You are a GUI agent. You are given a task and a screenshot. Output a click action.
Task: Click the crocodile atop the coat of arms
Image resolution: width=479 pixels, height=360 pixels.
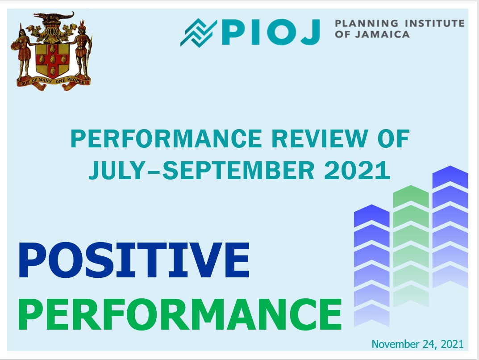point(54,16)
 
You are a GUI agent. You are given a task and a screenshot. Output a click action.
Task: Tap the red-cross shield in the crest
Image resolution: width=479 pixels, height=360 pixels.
point(52,59)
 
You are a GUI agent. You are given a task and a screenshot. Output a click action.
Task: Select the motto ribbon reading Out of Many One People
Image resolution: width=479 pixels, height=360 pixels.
point(54,83)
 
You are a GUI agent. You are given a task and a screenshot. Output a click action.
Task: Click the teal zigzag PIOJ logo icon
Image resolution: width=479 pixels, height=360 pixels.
point(198,33)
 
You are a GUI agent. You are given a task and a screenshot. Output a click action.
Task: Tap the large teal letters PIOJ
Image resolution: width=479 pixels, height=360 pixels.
point(271,32)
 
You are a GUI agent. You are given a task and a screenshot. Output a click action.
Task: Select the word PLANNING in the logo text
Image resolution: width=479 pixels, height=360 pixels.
point(367,23)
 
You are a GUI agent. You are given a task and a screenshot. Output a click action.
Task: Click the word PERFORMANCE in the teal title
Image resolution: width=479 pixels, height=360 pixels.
point(167,139)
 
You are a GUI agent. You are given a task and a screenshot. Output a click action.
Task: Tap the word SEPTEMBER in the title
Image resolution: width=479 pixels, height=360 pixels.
point(238,170)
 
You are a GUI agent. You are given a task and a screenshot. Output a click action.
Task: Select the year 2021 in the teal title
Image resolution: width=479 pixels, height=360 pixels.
point(357,170)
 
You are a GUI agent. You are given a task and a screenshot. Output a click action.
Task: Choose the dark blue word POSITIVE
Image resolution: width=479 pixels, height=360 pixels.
point(134,260)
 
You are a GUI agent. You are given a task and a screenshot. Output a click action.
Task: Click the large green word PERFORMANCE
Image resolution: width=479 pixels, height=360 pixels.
point(180,314)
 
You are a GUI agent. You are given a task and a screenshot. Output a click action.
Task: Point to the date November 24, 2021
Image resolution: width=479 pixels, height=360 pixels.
point(417,344)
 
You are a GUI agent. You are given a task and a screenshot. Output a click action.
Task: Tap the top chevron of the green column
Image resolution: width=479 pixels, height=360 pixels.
point(411,196)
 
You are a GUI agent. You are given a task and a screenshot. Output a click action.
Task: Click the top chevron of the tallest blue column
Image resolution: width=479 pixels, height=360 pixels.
point(450,176)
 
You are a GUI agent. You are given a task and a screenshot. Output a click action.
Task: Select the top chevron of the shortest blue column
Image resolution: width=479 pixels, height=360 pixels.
point(371,215)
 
